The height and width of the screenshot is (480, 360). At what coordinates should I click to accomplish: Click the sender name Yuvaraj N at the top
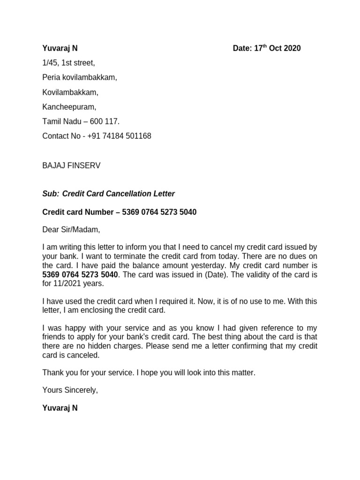pyautogui.click(x=60, y=48)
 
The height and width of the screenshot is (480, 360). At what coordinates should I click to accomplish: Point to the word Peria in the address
pyautogui.click(x=52, y=77)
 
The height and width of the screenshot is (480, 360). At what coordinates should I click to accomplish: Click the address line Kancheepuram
pyautogui.click(x=69, y=107)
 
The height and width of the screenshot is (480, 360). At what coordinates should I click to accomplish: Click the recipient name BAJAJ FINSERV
pyautogui.click(x=71, y=165)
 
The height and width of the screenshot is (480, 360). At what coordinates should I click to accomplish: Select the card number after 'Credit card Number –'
pyautogui.click(x=159, y=212)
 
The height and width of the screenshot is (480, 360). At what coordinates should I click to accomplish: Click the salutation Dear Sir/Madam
pyautogui.click(x=71, y=230)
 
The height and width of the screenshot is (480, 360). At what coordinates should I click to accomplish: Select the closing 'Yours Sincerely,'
pyautogui.click(x=70, y=390)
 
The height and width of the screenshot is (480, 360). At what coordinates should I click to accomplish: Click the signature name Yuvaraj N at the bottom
pyautogui.click(x=60, y=408)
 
